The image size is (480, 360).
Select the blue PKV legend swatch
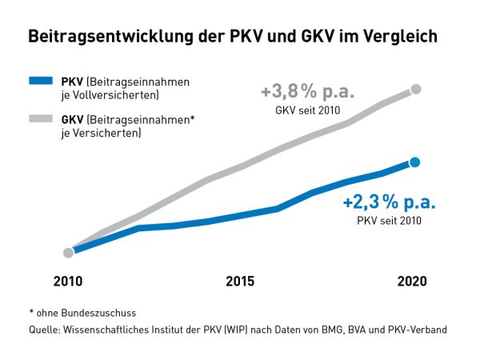point(42,81)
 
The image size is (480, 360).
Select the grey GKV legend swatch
point(42,119)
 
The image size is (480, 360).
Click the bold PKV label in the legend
point(72,82)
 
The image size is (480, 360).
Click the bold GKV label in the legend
point(72,120)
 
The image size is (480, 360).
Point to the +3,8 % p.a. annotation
point(307,92)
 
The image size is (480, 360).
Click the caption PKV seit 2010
point(389,220)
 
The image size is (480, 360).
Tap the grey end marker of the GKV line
point(414,90)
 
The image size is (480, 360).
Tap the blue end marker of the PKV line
point(414,163)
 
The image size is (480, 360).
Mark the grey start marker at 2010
point(69,253)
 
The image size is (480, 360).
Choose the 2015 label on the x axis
point(240,282)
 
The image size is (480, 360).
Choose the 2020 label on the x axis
point(412,282)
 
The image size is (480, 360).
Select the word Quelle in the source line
point(42,329)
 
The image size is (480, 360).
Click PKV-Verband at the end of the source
point(418,329)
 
